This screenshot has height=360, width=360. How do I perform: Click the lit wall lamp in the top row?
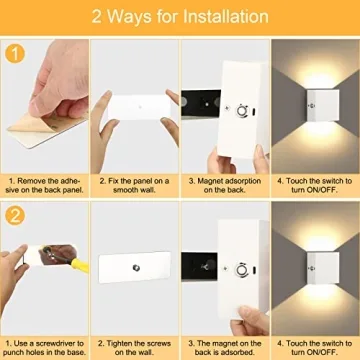point(317,106)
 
